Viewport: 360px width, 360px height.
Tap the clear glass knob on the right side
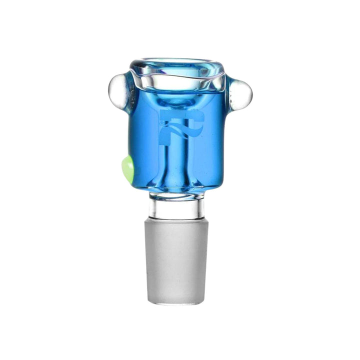click(241, 93)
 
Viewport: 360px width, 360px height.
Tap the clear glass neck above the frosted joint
click(178, 206)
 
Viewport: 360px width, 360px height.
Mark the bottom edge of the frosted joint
click(178, 303)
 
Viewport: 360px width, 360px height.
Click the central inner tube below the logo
click(177, 160)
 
